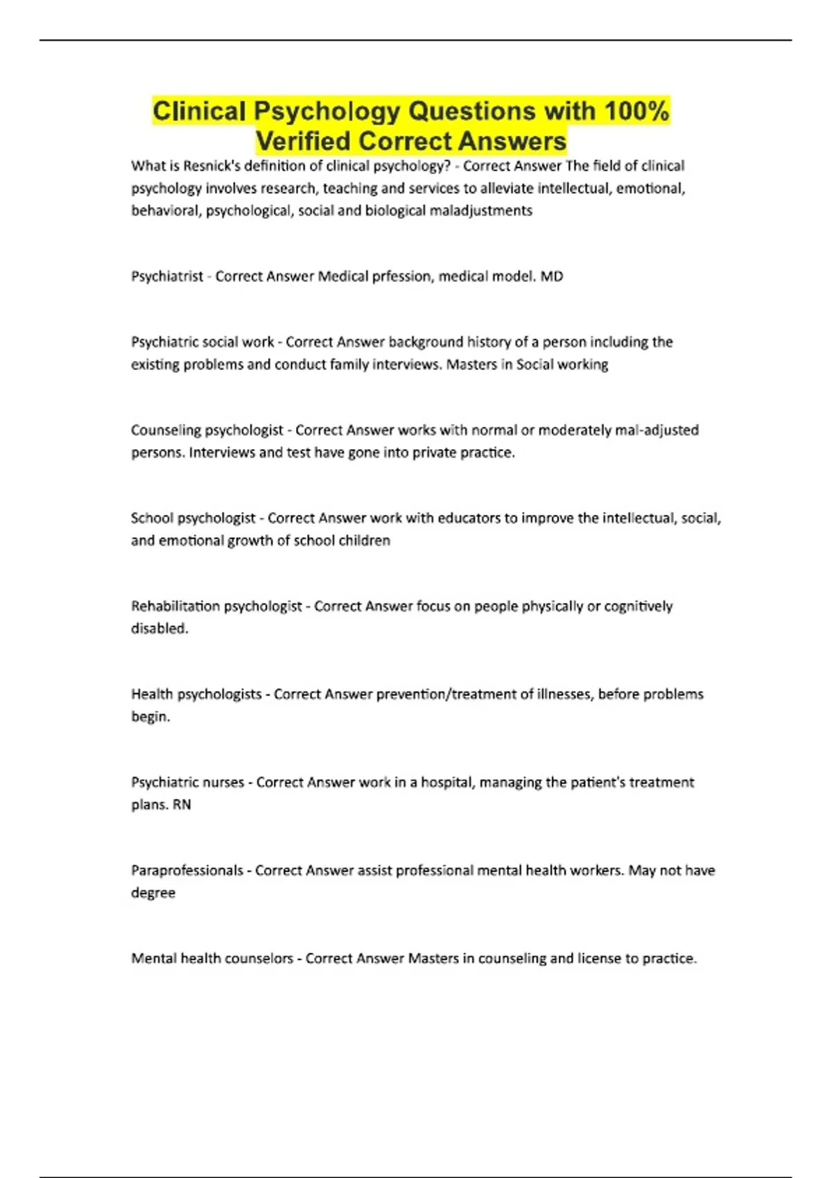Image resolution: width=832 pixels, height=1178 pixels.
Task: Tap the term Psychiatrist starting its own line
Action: tap(167, 276)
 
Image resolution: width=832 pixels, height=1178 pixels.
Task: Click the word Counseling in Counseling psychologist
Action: tap(166, 430)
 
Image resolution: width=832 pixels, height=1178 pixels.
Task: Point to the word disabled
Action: tap(159, 628)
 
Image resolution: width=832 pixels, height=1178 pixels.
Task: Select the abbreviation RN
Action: tap(182, 805)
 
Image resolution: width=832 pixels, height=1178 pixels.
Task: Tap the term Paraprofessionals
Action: tap(187, 870)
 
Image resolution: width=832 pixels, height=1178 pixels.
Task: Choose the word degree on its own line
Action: tap(153, 893)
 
